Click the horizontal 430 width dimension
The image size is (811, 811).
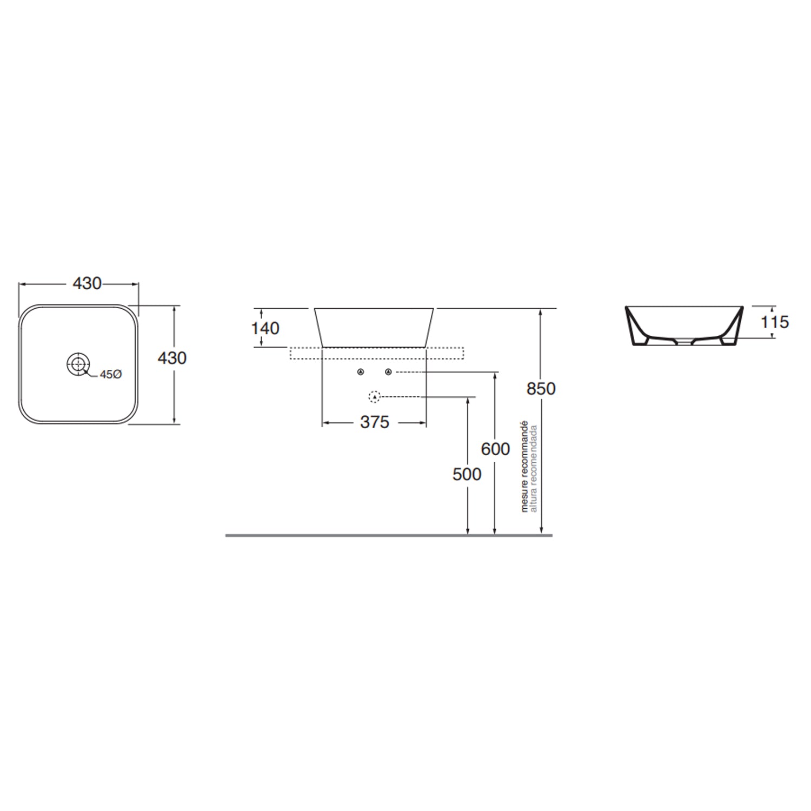pos(87,283)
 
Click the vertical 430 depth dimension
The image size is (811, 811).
pos(172,358)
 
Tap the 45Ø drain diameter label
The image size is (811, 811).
pos(110,374)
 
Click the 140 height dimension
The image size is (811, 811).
pos(265,328)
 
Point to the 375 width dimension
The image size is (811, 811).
pos(374,422)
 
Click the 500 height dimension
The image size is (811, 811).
pos(467,474)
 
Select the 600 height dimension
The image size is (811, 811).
pos(495,449)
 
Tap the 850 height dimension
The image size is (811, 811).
pos(541,389)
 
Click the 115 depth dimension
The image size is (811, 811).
pos(774,322)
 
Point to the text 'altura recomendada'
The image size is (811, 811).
pos(534,468)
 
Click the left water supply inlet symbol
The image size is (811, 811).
pos(361,372)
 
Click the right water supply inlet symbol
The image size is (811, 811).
pos(388,372)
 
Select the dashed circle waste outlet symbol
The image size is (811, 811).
pos(374,397)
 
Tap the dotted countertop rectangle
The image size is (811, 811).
pos(377,353)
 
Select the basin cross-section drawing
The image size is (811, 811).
pos(684,325)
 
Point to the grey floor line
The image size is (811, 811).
pos(389,535)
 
